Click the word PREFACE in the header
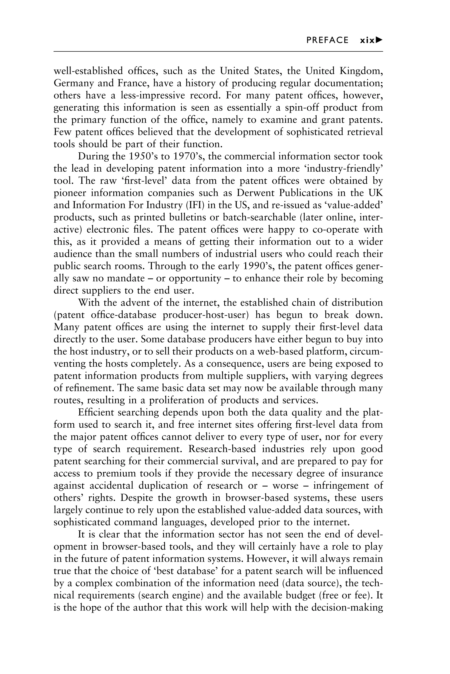point(327,40)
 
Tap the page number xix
point(367,40)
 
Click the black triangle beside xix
point(379,40)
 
